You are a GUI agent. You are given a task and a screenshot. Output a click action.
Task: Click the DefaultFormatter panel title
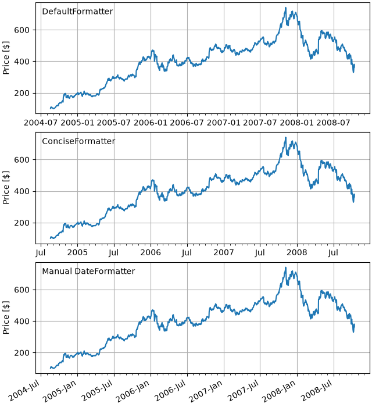(77, 12)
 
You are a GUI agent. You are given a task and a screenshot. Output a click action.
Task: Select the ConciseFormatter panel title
(78, 141)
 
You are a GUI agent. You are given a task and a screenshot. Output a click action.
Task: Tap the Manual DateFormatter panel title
(88, 272)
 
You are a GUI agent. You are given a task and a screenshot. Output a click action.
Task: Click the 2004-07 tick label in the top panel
(41, 123)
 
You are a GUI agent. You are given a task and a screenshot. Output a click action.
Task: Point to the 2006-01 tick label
(151, 123)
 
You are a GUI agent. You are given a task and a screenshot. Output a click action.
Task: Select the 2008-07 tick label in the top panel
(334, 123)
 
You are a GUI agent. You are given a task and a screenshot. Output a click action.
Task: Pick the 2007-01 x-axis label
(224, 123)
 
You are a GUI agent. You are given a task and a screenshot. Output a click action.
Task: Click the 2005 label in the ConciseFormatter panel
(77, 252)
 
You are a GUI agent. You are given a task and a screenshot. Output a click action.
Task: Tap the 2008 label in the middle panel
(297, 252)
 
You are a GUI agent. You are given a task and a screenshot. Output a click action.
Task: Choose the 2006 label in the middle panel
(151, 252)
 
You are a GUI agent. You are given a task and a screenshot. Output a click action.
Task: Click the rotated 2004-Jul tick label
(24, 390)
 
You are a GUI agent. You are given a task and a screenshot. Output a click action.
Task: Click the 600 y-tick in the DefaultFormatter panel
(22, 30)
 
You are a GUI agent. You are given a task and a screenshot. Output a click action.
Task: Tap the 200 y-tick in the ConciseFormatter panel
(22, 223)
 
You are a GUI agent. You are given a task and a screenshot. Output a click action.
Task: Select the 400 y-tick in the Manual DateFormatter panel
(22, 322)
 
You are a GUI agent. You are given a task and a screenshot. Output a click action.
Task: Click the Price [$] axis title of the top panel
(6, 58)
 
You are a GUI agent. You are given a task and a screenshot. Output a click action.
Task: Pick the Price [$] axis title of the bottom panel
(6, 317)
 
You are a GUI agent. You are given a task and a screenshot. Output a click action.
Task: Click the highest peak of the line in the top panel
(285, 8)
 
